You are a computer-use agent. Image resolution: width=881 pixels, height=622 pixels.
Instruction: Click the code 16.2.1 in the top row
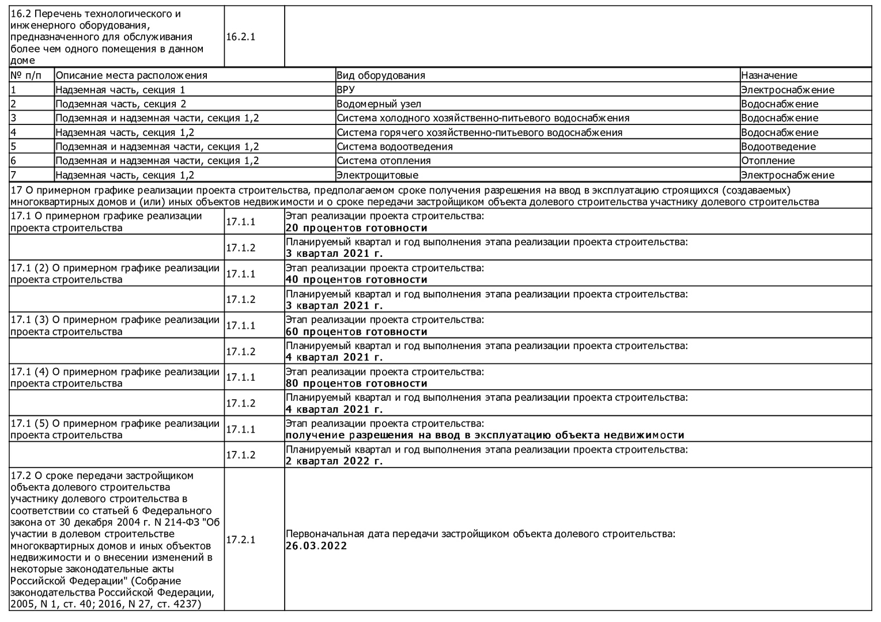[241, 37]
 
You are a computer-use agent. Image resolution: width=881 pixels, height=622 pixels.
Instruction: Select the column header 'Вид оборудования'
[381, 75]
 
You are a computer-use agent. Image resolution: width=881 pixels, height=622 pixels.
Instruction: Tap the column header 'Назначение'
[769, 75]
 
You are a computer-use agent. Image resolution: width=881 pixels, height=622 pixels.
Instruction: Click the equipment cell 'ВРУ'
[346, 90]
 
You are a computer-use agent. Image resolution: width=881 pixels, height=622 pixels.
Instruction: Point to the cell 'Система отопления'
[384, 161]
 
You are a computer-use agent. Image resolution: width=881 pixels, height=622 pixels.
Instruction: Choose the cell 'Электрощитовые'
[377, 175]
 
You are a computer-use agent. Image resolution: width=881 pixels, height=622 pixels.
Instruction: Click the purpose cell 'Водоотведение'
[778, 146]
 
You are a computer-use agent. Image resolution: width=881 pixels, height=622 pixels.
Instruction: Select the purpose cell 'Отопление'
[768, 161]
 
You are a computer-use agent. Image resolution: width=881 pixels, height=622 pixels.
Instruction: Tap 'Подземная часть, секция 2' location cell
[121, 104]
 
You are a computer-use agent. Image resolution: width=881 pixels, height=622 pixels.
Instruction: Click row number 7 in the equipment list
[13, 175]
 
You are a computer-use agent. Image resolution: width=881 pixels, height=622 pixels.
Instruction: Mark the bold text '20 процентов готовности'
[357, 228]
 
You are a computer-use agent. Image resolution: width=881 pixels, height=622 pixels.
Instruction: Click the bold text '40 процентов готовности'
[357, 280]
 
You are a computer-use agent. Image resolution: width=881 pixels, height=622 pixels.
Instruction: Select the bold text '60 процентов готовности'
[357, 332]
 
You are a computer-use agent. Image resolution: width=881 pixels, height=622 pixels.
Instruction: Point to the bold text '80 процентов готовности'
[357, 384]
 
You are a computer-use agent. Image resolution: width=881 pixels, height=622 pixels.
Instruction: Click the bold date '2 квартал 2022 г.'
[334, 461]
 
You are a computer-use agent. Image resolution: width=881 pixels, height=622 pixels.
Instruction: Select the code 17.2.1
[241, 540]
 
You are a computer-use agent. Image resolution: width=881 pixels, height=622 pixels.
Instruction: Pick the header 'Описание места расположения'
[131, 75]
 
